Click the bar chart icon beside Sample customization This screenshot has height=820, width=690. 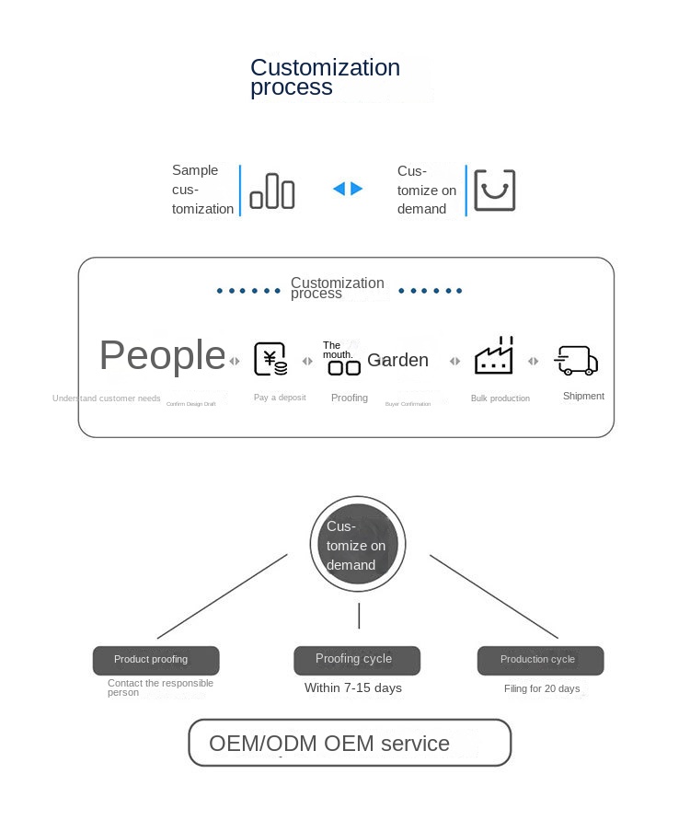(272, 191)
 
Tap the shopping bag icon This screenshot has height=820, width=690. (494, 191)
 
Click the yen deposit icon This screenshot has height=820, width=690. (270, 359)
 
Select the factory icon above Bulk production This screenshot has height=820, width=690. (493, 356)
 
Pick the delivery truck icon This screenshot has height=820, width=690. (577, 361)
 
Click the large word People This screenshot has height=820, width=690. (162, 355)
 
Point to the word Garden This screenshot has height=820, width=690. (397, 360)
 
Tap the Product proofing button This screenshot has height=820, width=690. (155, 660)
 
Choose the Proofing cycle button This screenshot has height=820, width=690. (357, 660)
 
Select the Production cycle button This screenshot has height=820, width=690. (540, 660)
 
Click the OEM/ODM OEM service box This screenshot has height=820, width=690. (350, 743)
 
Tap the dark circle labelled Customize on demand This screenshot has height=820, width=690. (358, 544)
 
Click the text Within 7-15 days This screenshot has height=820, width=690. (353, 687)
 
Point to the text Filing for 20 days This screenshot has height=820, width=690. (542, 688)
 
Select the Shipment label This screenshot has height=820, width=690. (583, 396)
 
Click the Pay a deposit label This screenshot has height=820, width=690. (280, 398)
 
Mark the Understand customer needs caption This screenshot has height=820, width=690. (107, 398)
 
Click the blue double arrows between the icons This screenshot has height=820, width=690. (348, 189)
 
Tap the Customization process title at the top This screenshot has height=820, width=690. (325, 77)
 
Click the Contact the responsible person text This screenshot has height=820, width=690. (160, 687)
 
